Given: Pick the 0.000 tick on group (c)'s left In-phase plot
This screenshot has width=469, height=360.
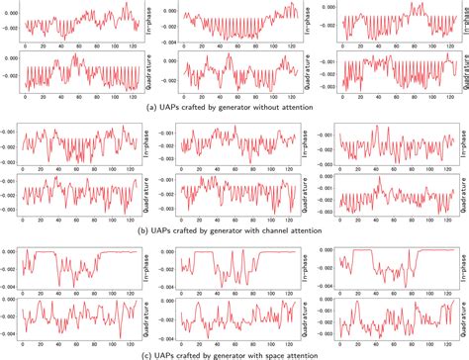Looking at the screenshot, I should click(13, 251).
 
